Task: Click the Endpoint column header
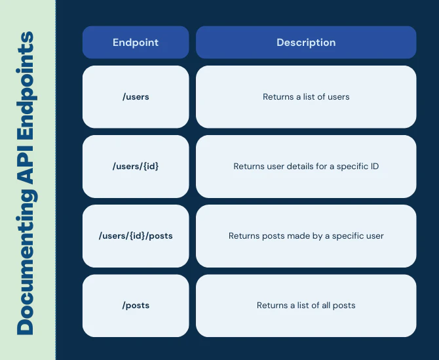pos(136,43)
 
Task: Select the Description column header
pos(306,43)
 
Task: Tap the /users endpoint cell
pos(136,97)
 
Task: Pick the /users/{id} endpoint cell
pos(136,167)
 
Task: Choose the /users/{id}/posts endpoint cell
pos(136,236)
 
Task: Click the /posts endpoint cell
pos(136,306)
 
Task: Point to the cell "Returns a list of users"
pos(306,97)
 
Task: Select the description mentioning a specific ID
pos(306,167)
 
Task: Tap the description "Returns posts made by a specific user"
pos(306,236)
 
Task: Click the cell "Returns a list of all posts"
pos(306,306)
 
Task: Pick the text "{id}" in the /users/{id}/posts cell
pos(136,236)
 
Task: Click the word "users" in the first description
pos(338,97)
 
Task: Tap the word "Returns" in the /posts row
pos(272,306)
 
